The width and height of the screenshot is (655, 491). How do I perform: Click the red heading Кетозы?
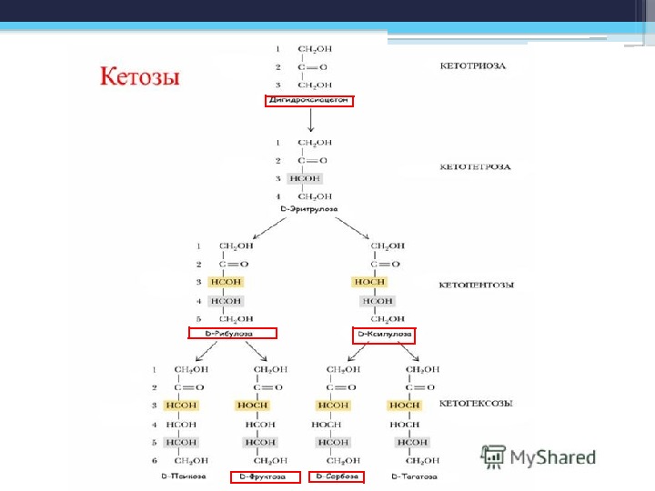tap(139, 75)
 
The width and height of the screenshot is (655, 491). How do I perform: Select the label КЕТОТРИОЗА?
tap(473, 65)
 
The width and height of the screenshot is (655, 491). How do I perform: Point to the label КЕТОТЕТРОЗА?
tap(475, 167)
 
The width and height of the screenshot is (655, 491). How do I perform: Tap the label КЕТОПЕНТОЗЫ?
tap(477, 285)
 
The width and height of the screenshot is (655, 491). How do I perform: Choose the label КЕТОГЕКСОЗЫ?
tap(476, 403)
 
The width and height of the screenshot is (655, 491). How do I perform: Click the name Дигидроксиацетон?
tap(309, 101)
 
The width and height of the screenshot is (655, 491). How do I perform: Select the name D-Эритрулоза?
tap(309, 209)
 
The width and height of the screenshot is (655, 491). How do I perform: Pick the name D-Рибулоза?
tap(232, 334)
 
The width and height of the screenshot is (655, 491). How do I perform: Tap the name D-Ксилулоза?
tap(384, 334)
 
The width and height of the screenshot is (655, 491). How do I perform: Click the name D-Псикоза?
tap(183, 476)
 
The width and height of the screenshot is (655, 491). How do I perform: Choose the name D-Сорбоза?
tap(337, 476)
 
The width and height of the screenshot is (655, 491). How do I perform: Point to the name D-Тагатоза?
tap(414, 476)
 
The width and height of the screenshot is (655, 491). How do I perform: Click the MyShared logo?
tap(539, 456)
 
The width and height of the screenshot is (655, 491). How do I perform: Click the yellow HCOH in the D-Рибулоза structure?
tap(226, 282)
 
